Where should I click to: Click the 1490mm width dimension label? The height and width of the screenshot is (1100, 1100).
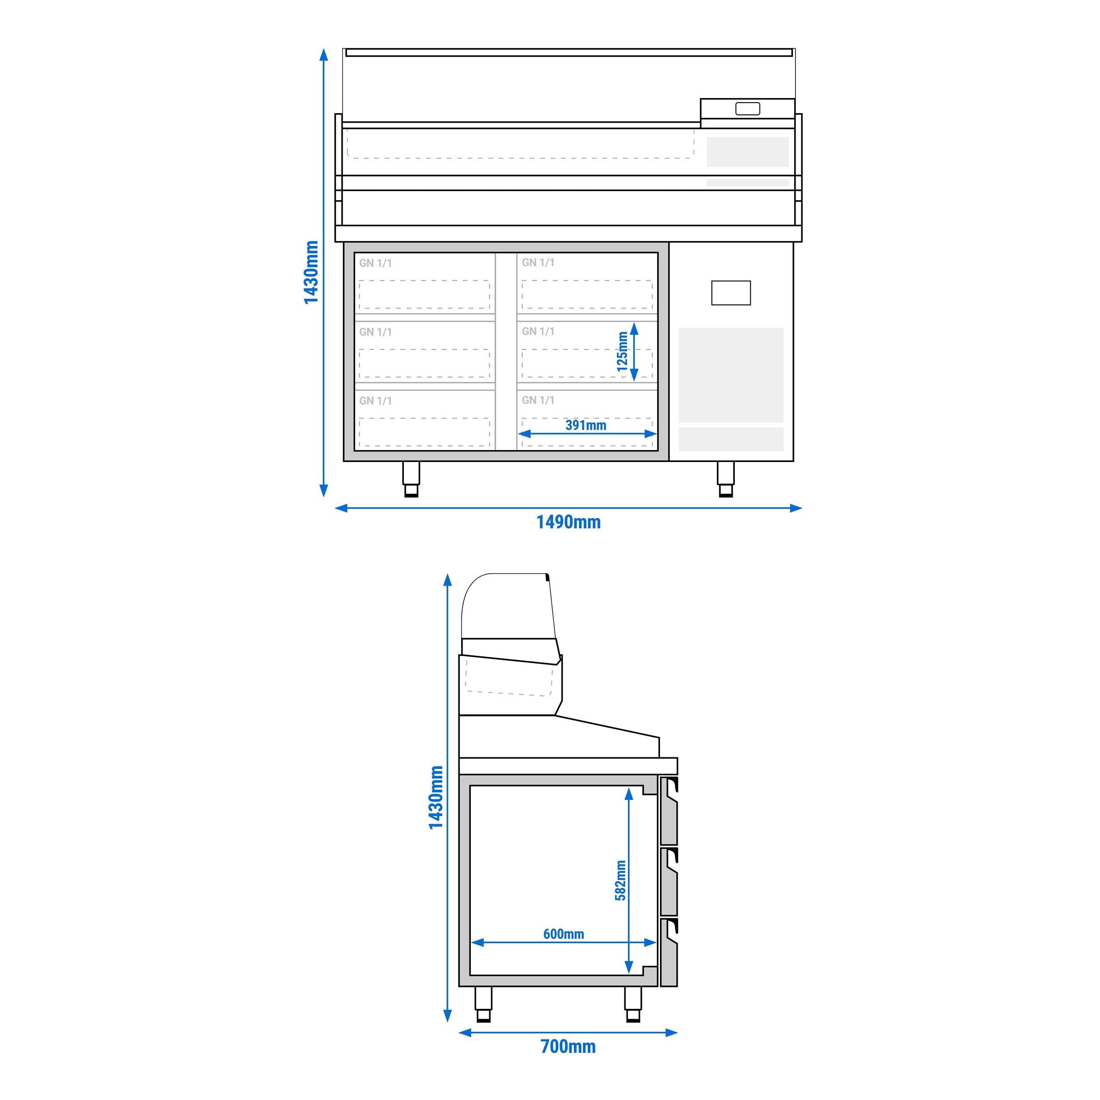(568, 522)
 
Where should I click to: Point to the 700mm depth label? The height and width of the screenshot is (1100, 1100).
(568, 1046)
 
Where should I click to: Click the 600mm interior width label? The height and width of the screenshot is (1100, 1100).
(563, 934)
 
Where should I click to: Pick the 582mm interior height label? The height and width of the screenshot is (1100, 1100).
(620, 880)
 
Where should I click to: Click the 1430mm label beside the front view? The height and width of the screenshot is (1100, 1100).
(311, 272)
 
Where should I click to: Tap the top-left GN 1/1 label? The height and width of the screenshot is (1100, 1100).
(375, 263)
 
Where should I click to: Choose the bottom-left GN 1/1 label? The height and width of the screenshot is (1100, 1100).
(375, 401)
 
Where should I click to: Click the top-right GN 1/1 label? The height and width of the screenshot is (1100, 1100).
(538, 263)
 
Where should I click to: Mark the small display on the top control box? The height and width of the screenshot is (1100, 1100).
(747, 109)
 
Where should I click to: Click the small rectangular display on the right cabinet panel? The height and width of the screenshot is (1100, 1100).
(730, 293)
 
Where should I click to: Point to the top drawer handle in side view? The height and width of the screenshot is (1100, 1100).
(672, 788)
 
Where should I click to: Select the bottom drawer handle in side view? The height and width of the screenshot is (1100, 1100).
(672, 931)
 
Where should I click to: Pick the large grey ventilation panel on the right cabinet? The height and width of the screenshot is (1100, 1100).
(730, 374)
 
